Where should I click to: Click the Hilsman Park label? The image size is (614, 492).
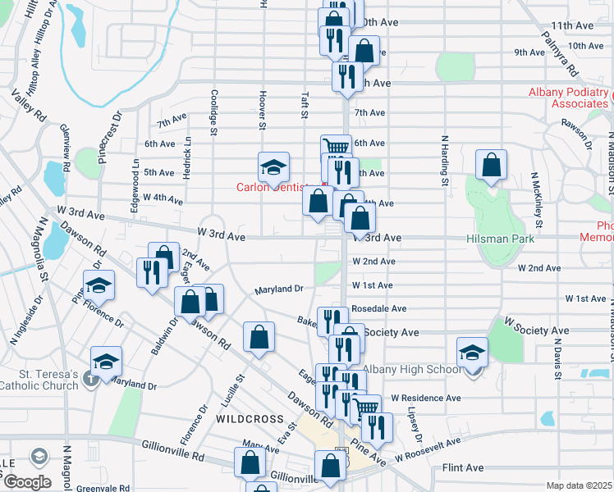tap(500, 239)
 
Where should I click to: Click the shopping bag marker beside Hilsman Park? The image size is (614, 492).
tap(490, 166)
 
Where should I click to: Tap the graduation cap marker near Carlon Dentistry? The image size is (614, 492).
tap(273, 168)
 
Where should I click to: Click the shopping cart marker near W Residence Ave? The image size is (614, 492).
tap(367, 407)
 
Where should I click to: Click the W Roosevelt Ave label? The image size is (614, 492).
tap(427, 449)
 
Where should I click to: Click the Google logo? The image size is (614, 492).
tap(28, 481)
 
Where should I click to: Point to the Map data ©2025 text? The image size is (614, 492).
tap(580, 485)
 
